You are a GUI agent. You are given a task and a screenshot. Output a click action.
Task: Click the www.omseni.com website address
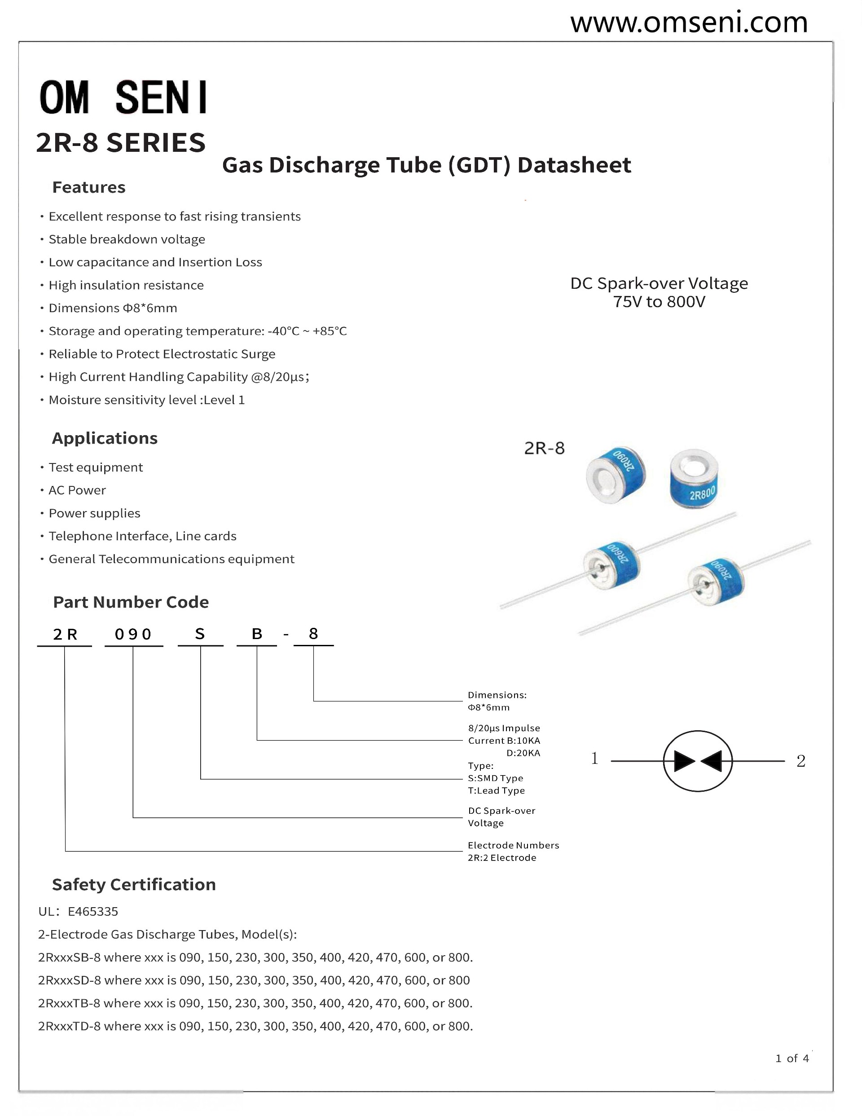(688, 23)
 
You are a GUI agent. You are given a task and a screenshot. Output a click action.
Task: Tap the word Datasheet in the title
(574, 165)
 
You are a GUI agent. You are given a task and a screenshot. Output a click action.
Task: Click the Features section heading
(89, 188)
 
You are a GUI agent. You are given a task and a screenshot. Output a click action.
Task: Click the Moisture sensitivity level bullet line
(146, 400)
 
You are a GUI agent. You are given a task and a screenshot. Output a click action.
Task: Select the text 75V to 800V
(659, 302)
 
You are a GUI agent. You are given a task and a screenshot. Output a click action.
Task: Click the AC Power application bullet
(77, 490)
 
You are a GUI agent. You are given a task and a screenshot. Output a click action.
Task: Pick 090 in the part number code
(133, 634)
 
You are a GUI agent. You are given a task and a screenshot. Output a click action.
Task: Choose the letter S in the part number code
(200, 634)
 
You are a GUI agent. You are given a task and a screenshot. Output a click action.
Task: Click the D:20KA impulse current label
(523, 753)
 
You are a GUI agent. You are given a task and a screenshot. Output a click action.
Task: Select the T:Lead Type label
(496, 790)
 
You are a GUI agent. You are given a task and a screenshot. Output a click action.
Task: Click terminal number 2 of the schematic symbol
(800, 761)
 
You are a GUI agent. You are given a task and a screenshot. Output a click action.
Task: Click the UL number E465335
(93, 911)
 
